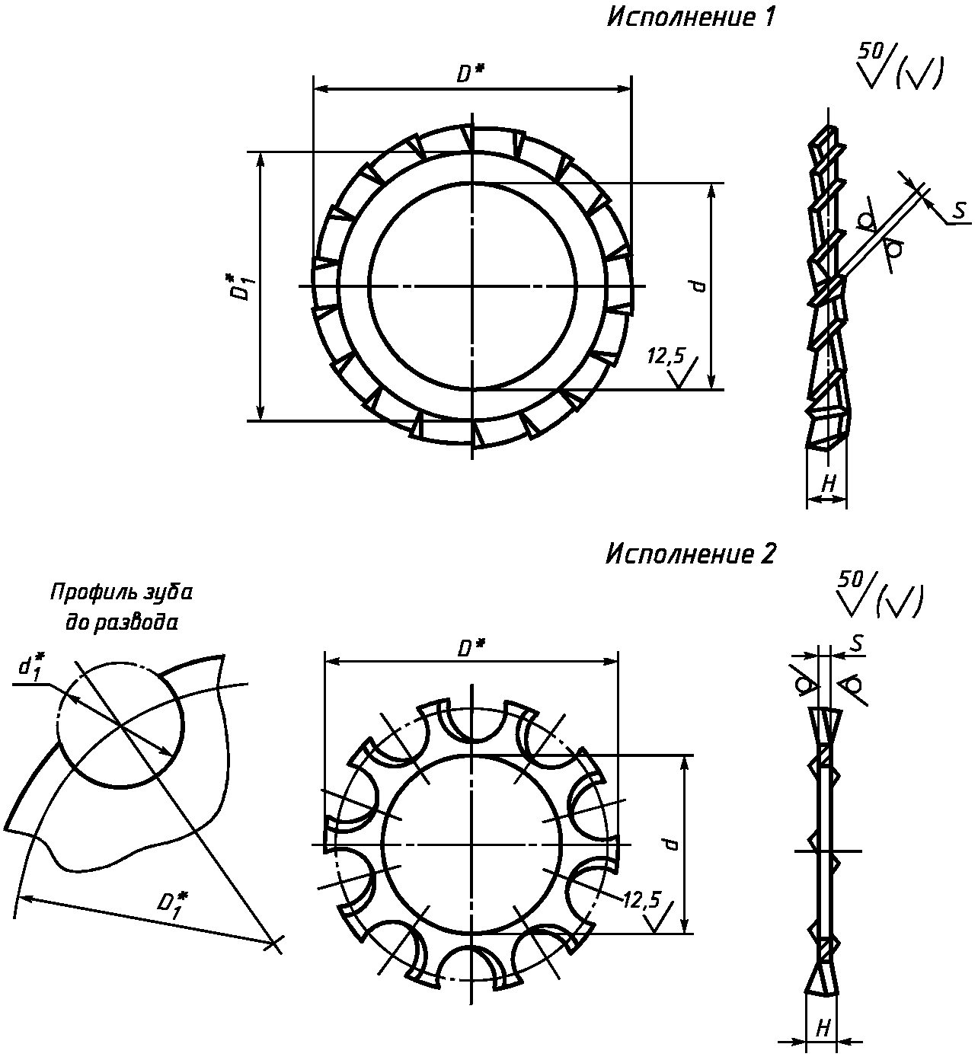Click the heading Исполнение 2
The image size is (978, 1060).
[691, 554]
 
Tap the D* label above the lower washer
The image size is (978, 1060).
[471, 649]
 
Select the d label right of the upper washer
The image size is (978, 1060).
[698, 286]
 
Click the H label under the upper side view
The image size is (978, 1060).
[829, 484]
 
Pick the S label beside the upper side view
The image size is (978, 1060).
[960, 210]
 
